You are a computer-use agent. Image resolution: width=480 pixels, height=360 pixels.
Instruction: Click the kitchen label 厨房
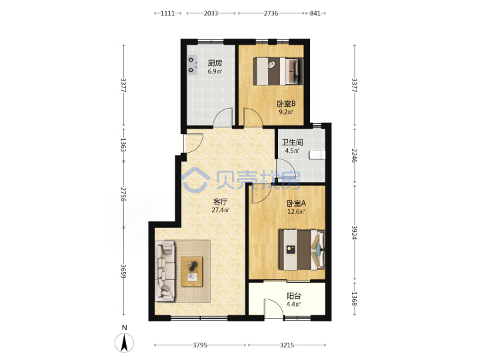click(x=215, y=63)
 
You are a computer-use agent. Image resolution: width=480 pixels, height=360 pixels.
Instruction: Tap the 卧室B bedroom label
click(x=286, y=104)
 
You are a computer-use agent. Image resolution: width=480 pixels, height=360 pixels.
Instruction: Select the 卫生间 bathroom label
click(x=293, y=143)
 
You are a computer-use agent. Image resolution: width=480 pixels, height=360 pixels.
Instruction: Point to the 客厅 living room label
click(x=221, y=202)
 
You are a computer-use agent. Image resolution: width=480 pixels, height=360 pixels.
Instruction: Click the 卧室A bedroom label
click(x=296, y=203)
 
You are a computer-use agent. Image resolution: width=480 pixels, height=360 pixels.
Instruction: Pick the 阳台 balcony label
click(x=294, y=296)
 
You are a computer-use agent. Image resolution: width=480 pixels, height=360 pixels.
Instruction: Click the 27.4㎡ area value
click(x=221, y=210)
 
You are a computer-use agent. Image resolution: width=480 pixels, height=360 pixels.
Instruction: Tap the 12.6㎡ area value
click(x=296, y=211)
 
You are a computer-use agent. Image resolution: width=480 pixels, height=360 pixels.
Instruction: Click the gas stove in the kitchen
click(x=192, y=65)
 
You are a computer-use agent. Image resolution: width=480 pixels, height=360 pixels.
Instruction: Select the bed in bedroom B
click(x=278, y=71)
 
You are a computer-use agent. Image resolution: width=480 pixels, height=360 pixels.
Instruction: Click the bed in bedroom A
click(x=301, y=250)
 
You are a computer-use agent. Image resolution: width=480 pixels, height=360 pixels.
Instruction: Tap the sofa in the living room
click(x=165, y=271)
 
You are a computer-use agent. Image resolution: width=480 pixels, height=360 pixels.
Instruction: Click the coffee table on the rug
click(x=192, y=272)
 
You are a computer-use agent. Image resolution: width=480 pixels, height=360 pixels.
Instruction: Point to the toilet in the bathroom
click(x=317, y=155)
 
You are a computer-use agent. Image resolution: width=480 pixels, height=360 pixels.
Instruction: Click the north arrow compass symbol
click(x=124, y=343)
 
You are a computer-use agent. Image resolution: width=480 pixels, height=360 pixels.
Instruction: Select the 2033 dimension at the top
click(x=211, y=13)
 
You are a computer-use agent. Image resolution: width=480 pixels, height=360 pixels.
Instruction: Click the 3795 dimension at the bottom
click(x=200, y=345)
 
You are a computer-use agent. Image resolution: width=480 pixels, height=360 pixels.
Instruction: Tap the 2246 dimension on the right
click(x=354, y=155)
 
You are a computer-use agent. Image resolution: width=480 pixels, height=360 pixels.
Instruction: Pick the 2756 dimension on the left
click(x=123, y=194)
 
